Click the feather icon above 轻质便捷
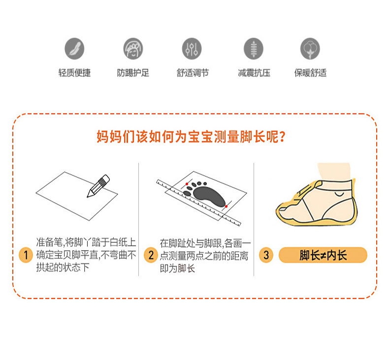point(74,49)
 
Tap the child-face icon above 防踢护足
point(133,49)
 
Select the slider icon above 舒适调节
point(192,49)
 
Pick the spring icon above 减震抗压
point(253,49)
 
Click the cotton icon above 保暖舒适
point(310,49)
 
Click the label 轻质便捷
point(75,73)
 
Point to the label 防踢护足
point(133,73)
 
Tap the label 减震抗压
point(254,73)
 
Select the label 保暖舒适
point(310,73)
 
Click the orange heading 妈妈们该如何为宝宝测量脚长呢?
point(191,136)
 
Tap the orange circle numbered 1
point(26,255)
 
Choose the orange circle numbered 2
point(151,255)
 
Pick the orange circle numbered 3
point(266,255)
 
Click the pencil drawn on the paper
point(98,186)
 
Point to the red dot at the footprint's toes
point(187,184)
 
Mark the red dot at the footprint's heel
point(226,207)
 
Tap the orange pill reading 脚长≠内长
point(323,255)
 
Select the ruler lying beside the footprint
point(198,203)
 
